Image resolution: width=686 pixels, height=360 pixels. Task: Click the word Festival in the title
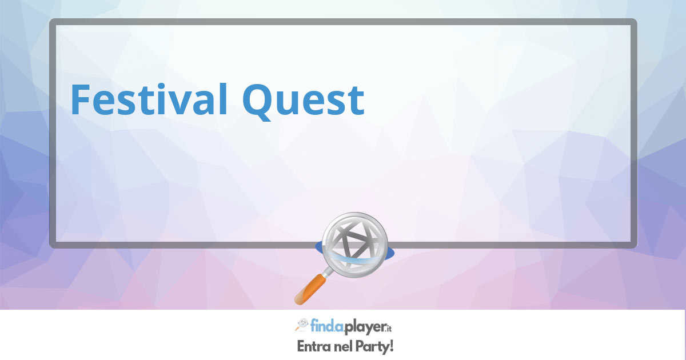coord(149,99)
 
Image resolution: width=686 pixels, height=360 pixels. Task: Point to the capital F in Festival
coord(79,99)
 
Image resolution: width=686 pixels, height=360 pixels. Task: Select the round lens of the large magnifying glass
coord(355,245)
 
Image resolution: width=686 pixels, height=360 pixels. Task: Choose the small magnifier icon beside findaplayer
coord(302,325)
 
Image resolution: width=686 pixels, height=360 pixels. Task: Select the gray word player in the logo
coord(365,327)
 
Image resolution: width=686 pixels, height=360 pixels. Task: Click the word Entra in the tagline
coord(314,347)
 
